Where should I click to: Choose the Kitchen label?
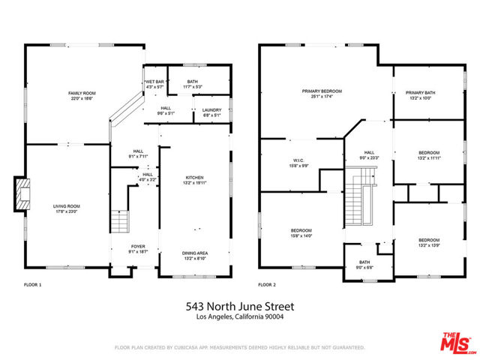(194, 179)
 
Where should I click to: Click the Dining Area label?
(194, 256)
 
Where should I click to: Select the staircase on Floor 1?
(119, 223)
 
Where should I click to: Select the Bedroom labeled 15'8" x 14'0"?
(298, 233)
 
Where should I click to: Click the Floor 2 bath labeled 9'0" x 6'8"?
(365, 265)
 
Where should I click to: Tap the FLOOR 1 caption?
(33, 286)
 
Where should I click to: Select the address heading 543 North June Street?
(239, 307)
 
